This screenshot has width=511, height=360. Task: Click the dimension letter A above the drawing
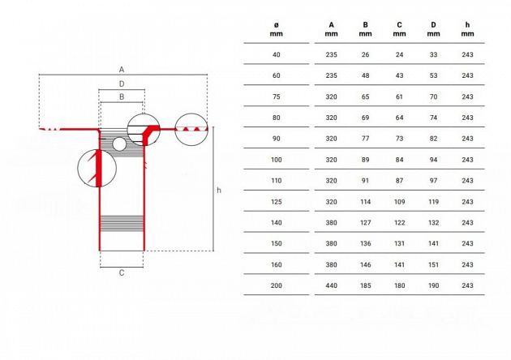pos(121,68)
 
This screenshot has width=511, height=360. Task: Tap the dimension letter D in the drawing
pos(121,84)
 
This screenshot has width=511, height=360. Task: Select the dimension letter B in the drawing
pos(121,96)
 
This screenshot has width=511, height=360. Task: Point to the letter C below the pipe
pos(122,272)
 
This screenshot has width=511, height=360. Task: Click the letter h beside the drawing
pos(219,191)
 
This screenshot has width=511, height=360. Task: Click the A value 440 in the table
pos(331,285)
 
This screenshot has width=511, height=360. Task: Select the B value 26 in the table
pos(365,54)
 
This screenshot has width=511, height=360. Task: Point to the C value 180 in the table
pos(399,285)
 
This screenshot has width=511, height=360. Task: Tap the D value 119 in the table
pos(433,200)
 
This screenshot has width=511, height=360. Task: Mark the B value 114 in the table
pos(365,200)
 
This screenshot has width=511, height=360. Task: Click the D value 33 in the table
pos(433,54)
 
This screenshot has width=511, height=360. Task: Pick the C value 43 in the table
pos(399,75)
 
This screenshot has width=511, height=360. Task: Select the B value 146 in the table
pos(365,264)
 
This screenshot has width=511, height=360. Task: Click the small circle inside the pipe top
pos(119,144)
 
